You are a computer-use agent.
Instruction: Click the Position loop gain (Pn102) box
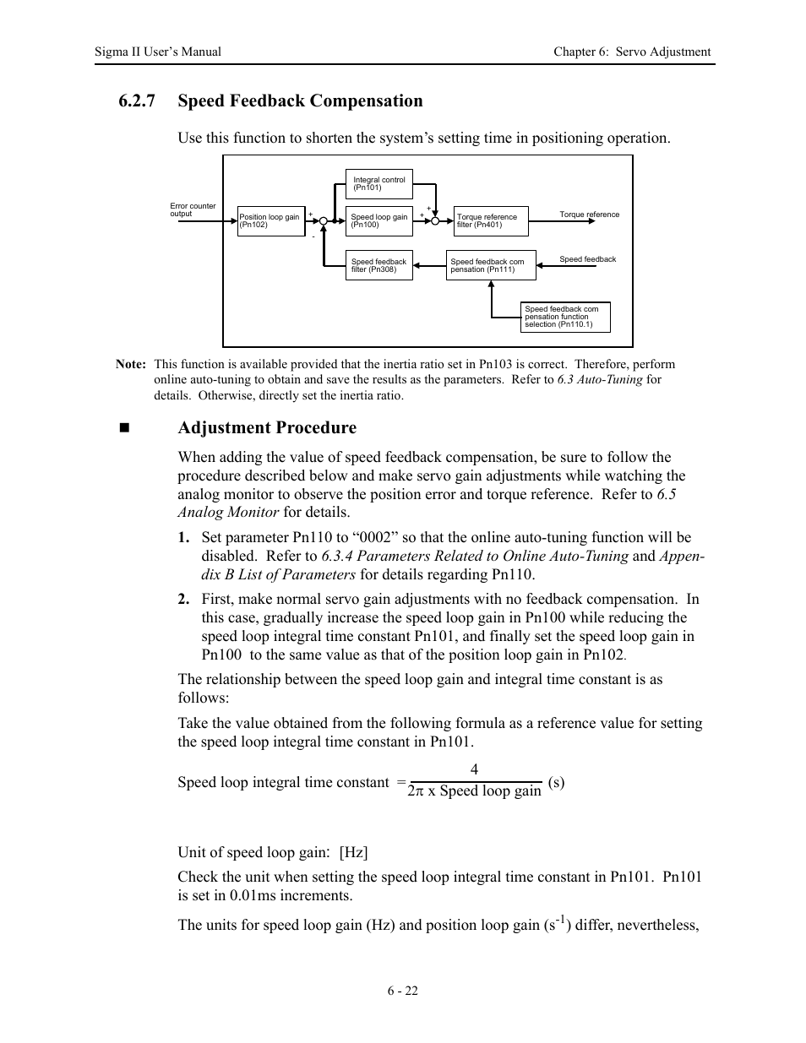270,221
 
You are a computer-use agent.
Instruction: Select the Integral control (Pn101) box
378,184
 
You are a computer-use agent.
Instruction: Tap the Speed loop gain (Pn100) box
379,221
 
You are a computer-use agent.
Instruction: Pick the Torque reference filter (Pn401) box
491,221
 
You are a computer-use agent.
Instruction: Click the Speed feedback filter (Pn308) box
379,266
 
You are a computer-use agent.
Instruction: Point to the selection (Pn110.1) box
564,317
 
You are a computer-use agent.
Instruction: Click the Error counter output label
193,209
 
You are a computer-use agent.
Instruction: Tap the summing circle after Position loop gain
324,221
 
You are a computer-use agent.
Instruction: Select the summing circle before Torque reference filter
435,221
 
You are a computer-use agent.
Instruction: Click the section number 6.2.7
137,101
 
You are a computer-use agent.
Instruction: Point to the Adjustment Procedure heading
267,427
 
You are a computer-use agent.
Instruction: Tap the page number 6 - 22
403,991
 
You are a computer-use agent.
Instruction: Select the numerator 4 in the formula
474,769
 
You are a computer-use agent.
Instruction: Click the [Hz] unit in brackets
354,852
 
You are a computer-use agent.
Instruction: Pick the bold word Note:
131,365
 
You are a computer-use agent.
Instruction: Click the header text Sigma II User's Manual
158,52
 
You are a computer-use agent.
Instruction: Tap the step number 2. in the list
183,600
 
